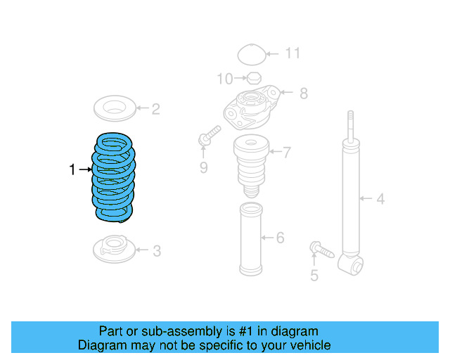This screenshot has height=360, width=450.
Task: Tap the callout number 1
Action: [72, 169]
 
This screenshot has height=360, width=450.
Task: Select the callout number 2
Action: [155, 108]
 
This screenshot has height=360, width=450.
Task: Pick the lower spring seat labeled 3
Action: [112, 248]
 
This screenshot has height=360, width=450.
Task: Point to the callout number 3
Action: [156, 250]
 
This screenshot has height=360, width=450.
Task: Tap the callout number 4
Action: [380, 199]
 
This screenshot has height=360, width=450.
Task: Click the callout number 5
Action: [314, 276]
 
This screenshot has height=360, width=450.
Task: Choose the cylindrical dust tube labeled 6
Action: [250, 239]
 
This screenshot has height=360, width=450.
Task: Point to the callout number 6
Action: [280, 238]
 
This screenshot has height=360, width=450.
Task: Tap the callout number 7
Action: [286, 151]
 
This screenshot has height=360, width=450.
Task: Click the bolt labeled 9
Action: [210, 136]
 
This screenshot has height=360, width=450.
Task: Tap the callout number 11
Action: [292, 53]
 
